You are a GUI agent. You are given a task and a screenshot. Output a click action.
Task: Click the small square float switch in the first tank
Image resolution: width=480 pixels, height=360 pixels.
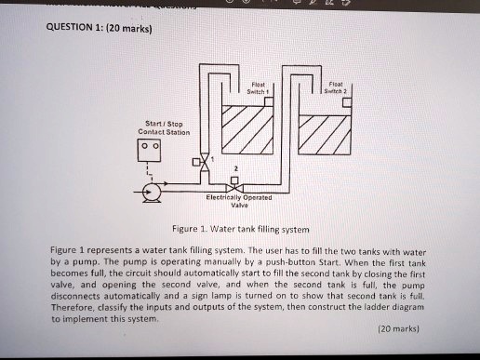[268, 102]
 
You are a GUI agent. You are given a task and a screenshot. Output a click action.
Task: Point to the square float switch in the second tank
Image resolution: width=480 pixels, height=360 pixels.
[345, 102]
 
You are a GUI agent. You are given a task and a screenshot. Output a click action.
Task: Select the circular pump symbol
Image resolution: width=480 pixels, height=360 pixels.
[150, 193]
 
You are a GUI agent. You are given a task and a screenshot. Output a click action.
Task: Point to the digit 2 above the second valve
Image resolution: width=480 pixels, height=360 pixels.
[236, 169]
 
